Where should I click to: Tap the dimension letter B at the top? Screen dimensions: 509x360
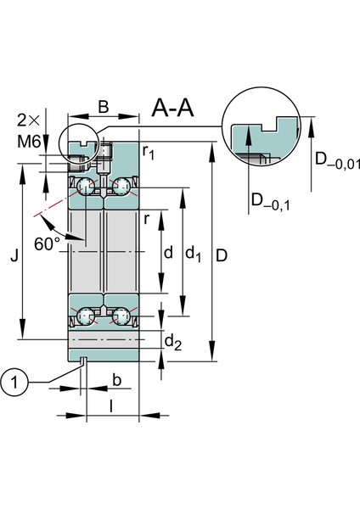pyautogui.click(x=104, y=107)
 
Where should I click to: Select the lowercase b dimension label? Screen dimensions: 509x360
pyautogui.click(x=117, y=378)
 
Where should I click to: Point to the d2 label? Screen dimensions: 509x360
pyautogui.click(x=172, y=341)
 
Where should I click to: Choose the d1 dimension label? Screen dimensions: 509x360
pyautogui.click(x=194, y=253)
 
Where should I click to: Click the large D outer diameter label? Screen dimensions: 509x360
pyautogui.click(x=222, y=253)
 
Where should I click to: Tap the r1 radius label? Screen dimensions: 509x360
pyautogui.click(x=149, y=153)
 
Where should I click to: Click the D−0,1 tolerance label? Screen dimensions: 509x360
pyautogui.click(x=269, y=201)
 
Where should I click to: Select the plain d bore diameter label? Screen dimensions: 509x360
pyautogui.click(x=168, y=252)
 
